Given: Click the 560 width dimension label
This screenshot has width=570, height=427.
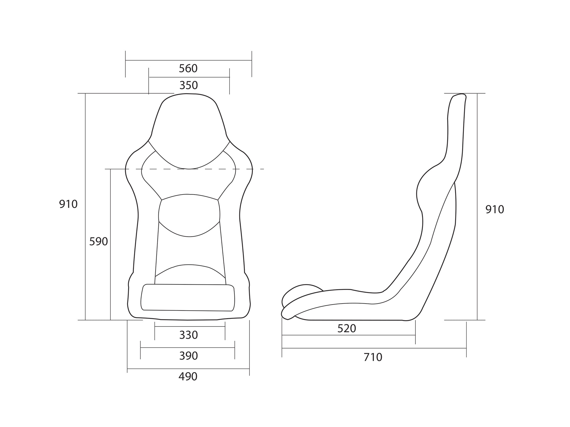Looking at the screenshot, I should [x=188, y=69].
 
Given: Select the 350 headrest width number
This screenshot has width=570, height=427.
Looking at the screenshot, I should [x=188, y=85].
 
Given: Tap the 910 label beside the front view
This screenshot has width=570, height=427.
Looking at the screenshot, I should [x=68, y=204].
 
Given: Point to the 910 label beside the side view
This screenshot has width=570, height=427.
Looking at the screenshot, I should [x=495, y=210].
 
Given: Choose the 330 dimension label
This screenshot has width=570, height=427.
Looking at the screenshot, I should [x=188, y=335].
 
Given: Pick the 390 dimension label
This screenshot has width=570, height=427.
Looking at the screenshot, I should [x=188, y=356].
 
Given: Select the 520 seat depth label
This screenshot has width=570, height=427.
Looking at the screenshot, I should [x=347, y=329].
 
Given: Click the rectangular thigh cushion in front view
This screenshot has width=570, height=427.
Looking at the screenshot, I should [x=188, y=298].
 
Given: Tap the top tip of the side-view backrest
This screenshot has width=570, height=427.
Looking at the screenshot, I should [x=460, y=96].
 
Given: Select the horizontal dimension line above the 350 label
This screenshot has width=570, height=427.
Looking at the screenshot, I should [x=189, y=77].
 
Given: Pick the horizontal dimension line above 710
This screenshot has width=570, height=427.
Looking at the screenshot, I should [x=374, y=348].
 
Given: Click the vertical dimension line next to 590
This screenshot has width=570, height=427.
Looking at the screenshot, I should [x=110, y=245].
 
